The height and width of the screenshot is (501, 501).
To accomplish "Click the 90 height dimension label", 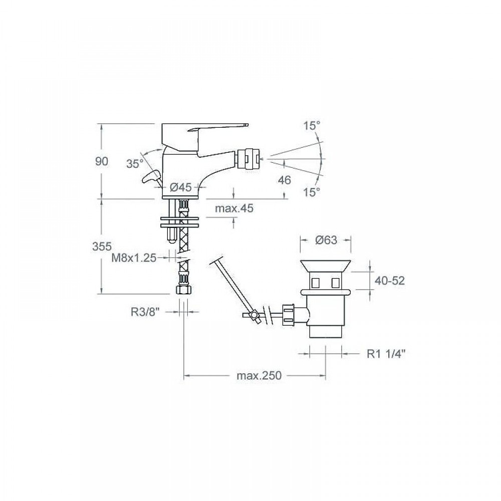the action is (102, 161).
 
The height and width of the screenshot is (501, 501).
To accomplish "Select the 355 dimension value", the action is (102, 246).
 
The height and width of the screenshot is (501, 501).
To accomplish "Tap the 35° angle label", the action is (135, 164).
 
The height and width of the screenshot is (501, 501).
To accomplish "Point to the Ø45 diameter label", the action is (180, 187).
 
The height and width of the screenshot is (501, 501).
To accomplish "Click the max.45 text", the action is (234, 208).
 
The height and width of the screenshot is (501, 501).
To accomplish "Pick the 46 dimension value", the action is (285, 180).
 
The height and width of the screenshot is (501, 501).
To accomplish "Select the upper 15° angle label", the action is (312, 126).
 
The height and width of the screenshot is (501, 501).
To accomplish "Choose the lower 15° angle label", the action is (312, 192).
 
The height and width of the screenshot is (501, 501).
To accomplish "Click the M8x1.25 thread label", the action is (134, 258).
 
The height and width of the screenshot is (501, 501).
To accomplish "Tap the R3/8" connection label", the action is (145, 312).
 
